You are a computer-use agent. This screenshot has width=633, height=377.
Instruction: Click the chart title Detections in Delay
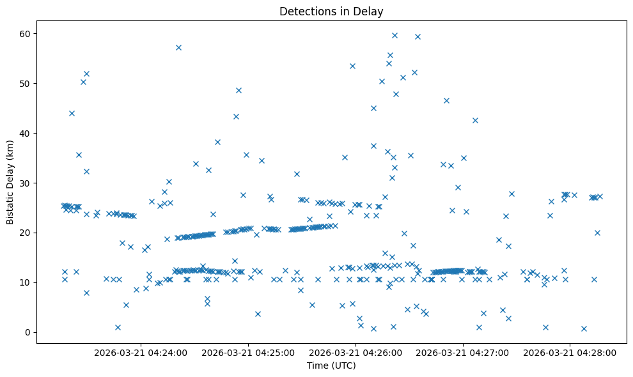tap(331, 11)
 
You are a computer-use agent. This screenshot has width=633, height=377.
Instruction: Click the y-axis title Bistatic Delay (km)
tap(10, 182)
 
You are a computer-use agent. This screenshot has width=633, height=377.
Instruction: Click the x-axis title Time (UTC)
tap(331, 365)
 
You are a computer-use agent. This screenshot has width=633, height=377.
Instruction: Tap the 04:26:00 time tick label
tap(356, 352)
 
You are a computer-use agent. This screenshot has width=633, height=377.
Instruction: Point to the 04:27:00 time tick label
tap(464, 352)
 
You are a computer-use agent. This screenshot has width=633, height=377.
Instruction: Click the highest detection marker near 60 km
tap(395, 35)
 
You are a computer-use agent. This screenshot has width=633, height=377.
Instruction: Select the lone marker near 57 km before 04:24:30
tap(178, 47)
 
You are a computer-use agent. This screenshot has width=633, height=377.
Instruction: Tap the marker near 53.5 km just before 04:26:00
tap(352, 66)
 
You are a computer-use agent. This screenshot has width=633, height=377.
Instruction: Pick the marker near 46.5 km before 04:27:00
tap(446, 100)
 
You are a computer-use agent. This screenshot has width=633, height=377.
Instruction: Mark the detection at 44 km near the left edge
tap(72, 113)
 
